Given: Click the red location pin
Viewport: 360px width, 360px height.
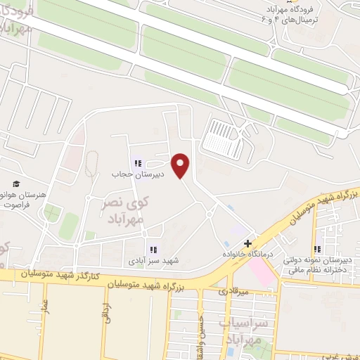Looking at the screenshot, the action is pyautogui.click(x=181, y=165).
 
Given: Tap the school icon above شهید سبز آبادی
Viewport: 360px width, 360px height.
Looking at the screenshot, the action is pyautogui.click(x=153, y=249).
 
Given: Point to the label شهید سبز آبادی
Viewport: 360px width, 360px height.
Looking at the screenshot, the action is pyautogui.click(x=153, y=261).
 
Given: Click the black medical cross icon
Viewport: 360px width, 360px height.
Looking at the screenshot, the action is pyautogui.click(x=247, y=243).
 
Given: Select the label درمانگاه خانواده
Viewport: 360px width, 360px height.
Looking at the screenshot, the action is pyautogui.click(x=248, y=253).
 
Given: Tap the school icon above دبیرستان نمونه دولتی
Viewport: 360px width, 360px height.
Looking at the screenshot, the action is pyautogui.click(x=319, y=249).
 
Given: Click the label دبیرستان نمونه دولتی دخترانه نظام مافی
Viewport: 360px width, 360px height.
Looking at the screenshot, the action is pyautogui.click(x=318, y=264).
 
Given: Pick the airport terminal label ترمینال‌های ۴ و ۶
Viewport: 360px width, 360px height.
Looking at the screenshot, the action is pyautogui.click(x=303, y=19).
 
